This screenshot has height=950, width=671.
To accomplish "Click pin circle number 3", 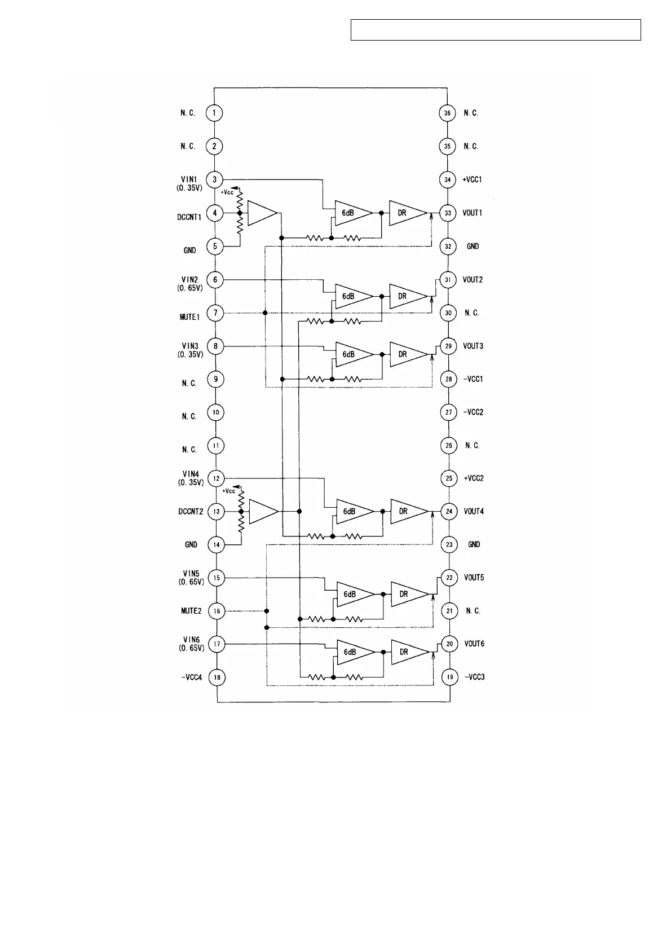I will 215,180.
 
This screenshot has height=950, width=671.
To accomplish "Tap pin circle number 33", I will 448,213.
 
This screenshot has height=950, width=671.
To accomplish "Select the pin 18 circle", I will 217,677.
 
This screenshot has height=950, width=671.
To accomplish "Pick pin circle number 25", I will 449,478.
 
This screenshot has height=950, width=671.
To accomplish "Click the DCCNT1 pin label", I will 189,217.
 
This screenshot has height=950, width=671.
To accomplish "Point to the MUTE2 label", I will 191,611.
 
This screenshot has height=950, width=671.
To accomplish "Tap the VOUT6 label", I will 474,644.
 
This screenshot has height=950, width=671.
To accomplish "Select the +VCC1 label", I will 472,180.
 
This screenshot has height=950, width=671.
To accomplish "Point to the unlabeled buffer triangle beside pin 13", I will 262,511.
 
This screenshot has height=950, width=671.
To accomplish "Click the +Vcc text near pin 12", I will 228,491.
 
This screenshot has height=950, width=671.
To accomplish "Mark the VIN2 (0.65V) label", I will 190,283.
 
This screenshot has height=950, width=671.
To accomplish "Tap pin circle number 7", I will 215,313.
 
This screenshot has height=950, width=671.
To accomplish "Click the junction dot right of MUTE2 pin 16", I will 267,611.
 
